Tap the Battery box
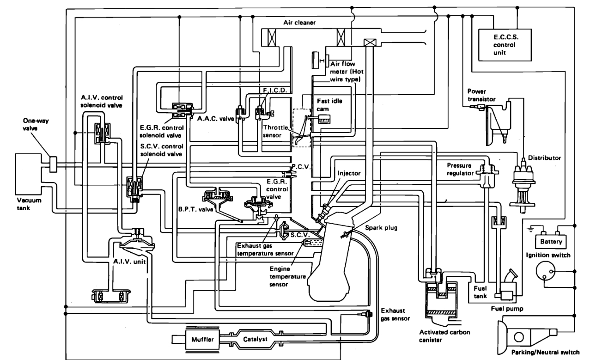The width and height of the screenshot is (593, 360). click(x=552, y=241)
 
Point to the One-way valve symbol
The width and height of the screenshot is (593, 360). click(x=53, y=163)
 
